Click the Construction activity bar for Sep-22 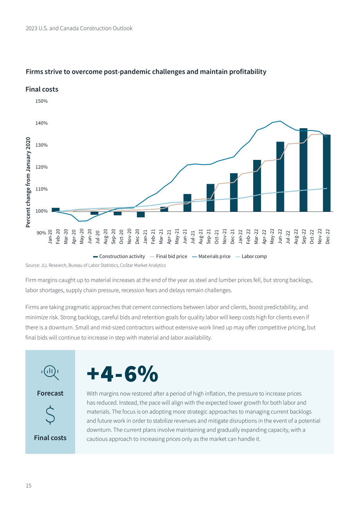point(303,170)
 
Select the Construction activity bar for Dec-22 point(327,173)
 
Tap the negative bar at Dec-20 point(141,215)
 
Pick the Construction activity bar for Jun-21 point(187,203)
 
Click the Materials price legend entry point(211,256)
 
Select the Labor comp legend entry point(251,256)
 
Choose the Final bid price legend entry point(169,256)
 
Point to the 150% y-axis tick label point(41,101)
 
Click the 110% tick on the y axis point(41,189)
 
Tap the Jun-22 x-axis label point(280,237)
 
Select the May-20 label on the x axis point(82,237)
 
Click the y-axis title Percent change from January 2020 point(28,182)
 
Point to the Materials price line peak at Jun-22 point(280,121)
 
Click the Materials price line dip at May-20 point(79,221)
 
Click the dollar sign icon point(50,415)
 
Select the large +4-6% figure point(122,374)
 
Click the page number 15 point(29,486)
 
